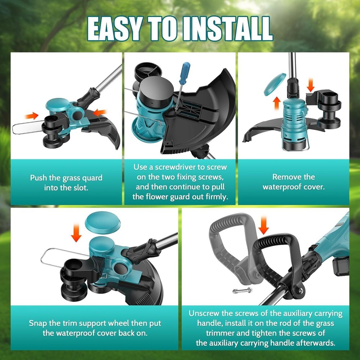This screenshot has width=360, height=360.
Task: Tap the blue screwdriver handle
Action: tap(185, 73)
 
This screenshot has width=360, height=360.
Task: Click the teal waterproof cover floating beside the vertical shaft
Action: tap(275, 84)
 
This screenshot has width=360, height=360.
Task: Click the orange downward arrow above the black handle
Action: tap(264, 225)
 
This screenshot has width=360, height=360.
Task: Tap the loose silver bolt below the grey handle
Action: tap(242, 291)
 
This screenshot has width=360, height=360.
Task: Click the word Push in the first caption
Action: tap(39, 178)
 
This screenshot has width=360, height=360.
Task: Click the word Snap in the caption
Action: tap(38, 323)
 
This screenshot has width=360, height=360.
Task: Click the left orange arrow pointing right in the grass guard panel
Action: tap(32, 116)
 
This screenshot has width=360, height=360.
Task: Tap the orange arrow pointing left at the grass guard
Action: tap(100, 113)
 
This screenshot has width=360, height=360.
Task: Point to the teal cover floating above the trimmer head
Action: tap(103, 221)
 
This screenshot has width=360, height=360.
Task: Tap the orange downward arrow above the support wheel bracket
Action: tap(310, 85)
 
